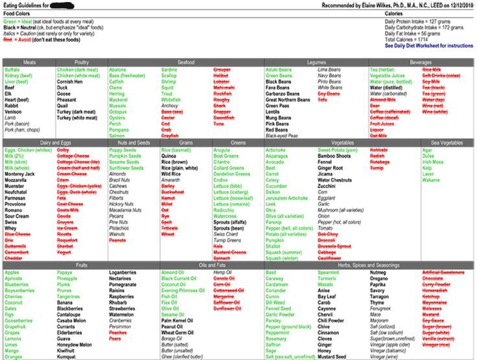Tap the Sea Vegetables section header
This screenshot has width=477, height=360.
(447, 142)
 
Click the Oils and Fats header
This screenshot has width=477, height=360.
(211, 265)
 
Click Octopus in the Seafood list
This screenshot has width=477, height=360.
(118, 111)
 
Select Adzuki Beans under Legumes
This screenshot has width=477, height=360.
(279, 69)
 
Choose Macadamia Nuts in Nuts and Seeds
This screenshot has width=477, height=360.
(125, 210)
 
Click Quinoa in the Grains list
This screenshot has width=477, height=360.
(169, 156)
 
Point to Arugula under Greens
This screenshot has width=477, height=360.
(222, 150)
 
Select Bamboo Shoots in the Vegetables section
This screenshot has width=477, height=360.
(334, 156)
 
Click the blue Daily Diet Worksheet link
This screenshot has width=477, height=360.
(428, 46)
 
